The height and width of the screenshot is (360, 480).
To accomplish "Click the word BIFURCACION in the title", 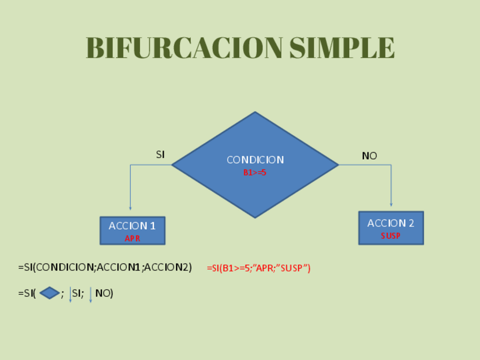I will tap(185, 48).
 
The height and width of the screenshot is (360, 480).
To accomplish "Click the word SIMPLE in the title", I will tap(342, 48).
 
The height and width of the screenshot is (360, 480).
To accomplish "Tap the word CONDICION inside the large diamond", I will tap(255, 160).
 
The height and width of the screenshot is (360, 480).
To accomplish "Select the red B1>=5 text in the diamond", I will tap(255, 173).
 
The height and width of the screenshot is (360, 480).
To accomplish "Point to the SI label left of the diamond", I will tap(160, 155).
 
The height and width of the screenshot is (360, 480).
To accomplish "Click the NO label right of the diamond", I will tap(369, 156).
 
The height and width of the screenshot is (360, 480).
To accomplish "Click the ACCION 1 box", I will tap(132, 230).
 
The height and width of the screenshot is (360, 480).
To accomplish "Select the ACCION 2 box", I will tap(391, 228).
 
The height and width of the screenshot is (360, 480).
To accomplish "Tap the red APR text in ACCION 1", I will tap(132, 238).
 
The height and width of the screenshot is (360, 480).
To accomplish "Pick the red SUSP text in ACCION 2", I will tap(391, 235).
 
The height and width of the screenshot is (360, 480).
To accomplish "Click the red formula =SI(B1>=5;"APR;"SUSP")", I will tap(259, 268).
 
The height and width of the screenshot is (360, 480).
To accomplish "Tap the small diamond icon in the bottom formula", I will tap(50, 293).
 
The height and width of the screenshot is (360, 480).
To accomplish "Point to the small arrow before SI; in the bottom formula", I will tap(70, 295).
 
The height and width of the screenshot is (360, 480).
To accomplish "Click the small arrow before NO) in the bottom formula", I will tap(91, 295).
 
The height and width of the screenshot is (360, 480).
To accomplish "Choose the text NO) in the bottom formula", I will tap(104, 293).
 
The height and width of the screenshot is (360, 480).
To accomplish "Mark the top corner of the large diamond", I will tap(255, 113).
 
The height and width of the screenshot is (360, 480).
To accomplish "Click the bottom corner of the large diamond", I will tap(255, 217).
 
